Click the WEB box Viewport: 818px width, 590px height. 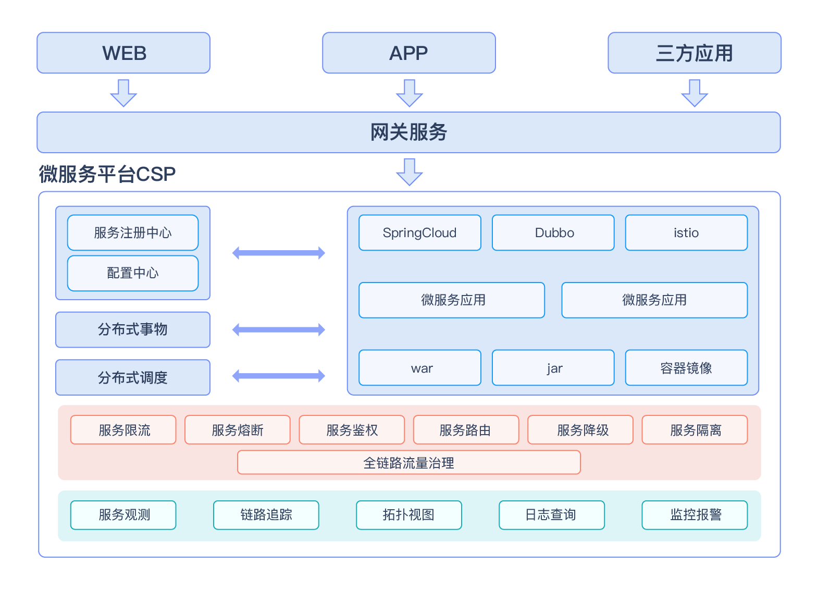(x=123, y=53)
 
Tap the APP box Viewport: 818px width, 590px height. (x=409, y=53)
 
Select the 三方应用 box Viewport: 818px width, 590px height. (x=695, y=53)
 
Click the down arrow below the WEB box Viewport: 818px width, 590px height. (x=123, y=93)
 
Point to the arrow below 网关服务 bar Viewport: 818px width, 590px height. (x=410, y=172)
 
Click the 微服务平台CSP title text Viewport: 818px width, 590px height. (x=107, y=174)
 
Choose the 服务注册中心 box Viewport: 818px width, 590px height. (x=133, y=232)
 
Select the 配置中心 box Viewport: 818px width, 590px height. (x=133, y=273)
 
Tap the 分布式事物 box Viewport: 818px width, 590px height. (x=133, y=329)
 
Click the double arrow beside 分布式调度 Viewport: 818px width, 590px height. (x=279, y=376)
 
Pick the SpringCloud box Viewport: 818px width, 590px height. (x=420, y=232)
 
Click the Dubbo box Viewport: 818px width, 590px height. (x=553, y=232)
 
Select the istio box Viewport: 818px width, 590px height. (x=687, y=232)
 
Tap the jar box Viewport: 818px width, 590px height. (x=553, y=368)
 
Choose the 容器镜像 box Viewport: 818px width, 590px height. (x=687, y=368)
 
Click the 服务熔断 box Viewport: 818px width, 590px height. (x=238, y=430)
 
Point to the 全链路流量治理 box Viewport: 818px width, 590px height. (x=409, y=462)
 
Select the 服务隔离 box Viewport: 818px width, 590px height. (x=695, y=430)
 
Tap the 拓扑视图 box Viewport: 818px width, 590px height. (x=409, y=515)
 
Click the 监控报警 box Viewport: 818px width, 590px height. (x=695, y=515)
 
